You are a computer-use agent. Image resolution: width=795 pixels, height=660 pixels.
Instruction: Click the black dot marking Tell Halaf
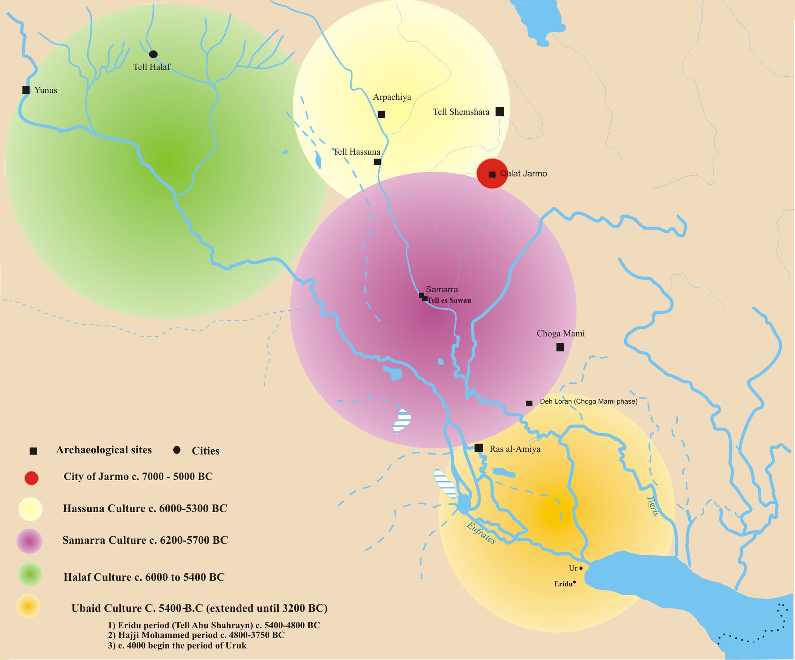[x=153, y=54]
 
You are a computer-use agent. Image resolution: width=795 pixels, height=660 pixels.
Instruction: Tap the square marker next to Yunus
[x=26, y=90]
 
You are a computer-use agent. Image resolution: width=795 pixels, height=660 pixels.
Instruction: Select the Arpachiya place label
[x=392, y=97]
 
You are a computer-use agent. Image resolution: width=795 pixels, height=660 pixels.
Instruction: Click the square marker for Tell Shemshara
[x=500, y=112]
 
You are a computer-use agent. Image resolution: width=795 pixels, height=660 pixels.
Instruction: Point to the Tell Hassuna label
[x=357, y=152]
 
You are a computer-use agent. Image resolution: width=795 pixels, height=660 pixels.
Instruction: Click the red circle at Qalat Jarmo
[x=492, y=173]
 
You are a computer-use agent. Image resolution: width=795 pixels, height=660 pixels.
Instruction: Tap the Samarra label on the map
[x=442, y=289]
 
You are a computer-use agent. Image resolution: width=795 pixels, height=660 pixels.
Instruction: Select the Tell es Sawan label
[x=449, y=300]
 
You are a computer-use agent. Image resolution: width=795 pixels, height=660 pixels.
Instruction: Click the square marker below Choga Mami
[x=560, y=347]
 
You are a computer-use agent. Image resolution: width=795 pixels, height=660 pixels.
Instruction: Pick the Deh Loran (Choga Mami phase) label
[x=588, y=401]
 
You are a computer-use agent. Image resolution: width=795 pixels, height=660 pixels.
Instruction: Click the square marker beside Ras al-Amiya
[x=479, y=448]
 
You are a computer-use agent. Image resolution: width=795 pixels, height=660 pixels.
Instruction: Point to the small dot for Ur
[x=581, y=568]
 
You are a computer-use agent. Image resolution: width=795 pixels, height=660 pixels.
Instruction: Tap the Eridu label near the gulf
[x=563, y=584]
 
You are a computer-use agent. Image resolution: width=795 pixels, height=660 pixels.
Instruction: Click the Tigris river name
[x=653, y=506]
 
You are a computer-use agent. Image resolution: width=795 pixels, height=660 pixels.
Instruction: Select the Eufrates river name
[x=481, y=533]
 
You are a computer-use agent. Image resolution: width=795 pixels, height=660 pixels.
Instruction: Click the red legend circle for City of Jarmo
[x=31, y=478]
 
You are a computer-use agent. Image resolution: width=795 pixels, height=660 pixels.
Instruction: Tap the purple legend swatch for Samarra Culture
[x=30, y=541]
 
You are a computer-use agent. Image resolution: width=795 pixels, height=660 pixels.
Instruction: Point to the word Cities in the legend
[x=205, y=451]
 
